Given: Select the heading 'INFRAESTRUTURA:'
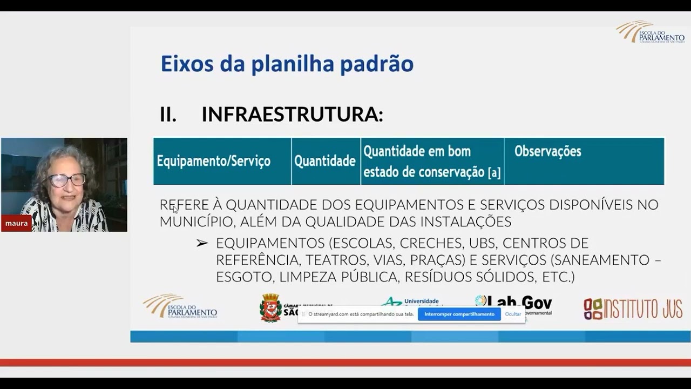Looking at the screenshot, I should [x=292, y=115].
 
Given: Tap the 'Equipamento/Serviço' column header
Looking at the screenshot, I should [x=213, y=162].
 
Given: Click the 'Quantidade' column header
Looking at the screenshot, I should [x=325, y=161].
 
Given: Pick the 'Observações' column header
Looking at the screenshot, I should [x=547, y=152].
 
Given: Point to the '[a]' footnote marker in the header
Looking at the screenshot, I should [x=494, y=173].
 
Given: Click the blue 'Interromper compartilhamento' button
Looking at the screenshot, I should [x=459, y=314].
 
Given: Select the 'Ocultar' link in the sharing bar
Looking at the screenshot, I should [x=513, y=314].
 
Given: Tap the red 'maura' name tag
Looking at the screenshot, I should [x=16, y=223].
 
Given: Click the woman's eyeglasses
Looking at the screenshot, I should [x=67, y=180].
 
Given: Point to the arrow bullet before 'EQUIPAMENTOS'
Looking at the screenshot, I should [x=202, y=244].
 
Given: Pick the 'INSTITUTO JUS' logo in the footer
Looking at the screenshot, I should [x=633, y=308].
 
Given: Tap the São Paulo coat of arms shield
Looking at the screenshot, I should [x=270, y=308].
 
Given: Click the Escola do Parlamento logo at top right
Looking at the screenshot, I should [x=650, y=32].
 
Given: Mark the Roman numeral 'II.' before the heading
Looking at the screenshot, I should [x=168, y=115].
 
